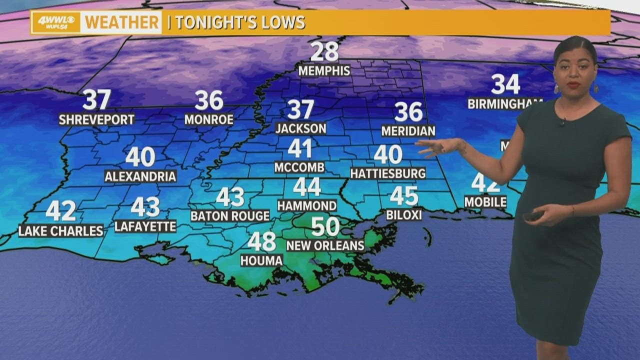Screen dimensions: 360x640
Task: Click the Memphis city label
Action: click(324, 70)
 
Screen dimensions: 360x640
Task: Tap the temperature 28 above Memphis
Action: click(324, 52)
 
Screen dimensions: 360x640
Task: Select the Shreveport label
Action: click(96, 119)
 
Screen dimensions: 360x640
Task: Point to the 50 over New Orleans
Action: click(325, 226)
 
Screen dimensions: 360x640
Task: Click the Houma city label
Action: click(261, 260)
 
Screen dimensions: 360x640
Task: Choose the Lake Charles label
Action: click(61, 230)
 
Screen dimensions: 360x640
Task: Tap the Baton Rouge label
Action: click(230, 216)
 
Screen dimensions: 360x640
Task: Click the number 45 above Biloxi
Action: click(404, 196)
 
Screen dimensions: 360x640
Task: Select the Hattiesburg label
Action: click(388, 173)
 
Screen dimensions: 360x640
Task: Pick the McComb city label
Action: click(299, 167)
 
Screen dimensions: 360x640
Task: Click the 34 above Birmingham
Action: click(505, 84)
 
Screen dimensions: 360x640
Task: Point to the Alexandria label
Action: click(140, 176)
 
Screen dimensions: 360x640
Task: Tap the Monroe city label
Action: click(209, 119)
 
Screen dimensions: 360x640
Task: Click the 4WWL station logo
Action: click(55, 22)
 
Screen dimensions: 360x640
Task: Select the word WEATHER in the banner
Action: click(121, 22)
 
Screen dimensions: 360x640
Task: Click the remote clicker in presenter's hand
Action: click(533, 215)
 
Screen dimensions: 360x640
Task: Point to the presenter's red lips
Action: click(573, 85)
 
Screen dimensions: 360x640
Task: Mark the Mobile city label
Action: click(485, 202)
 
